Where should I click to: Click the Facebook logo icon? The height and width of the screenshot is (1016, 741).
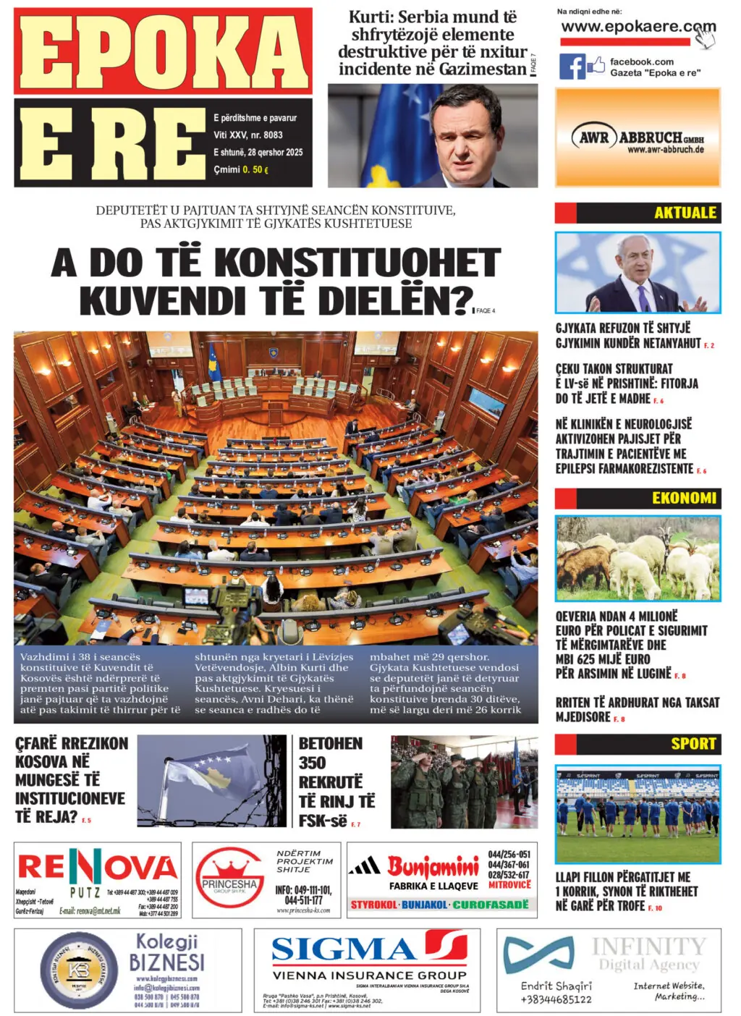pyautogui.click(x=572, y=67)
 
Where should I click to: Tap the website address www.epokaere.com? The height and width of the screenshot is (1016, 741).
pyautogui.click(x=637, y=27)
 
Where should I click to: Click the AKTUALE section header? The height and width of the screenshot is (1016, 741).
pyautogui.click(x=684, y=213)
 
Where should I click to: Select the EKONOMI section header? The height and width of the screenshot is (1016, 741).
pyautogui.click(x=683, y=498)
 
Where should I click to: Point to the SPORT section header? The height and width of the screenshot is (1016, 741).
pyautogui.click(x=693, y=744)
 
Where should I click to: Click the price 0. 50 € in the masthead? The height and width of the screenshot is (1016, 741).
pyautogui.click(x=255, y=170)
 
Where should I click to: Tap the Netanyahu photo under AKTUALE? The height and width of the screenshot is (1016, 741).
pyautogui.click(x=638, y=272)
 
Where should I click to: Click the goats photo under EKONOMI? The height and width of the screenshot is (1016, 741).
pyautogui.click(x=638, y=557)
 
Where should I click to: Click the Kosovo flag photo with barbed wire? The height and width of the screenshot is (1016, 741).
pyautogui.click(x=212, y=781)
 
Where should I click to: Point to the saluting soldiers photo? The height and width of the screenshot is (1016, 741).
pyautogui.click(x=464, y=782)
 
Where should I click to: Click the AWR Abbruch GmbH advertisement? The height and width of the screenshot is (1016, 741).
pyautogui.click(x=638, y=137)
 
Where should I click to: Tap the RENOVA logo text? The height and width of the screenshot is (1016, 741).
pyautogui.click(x=97, y=867)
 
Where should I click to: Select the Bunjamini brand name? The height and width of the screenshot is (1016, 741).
pyautogui.click(x=433, y=865)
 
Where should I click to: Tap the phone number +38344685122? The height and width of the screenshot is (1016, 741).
pyautogui.click(x=556, y=999)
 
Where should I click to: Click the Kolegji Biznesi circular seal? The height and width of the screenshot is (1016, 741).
pyautogui.click(x=78, y=970)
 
